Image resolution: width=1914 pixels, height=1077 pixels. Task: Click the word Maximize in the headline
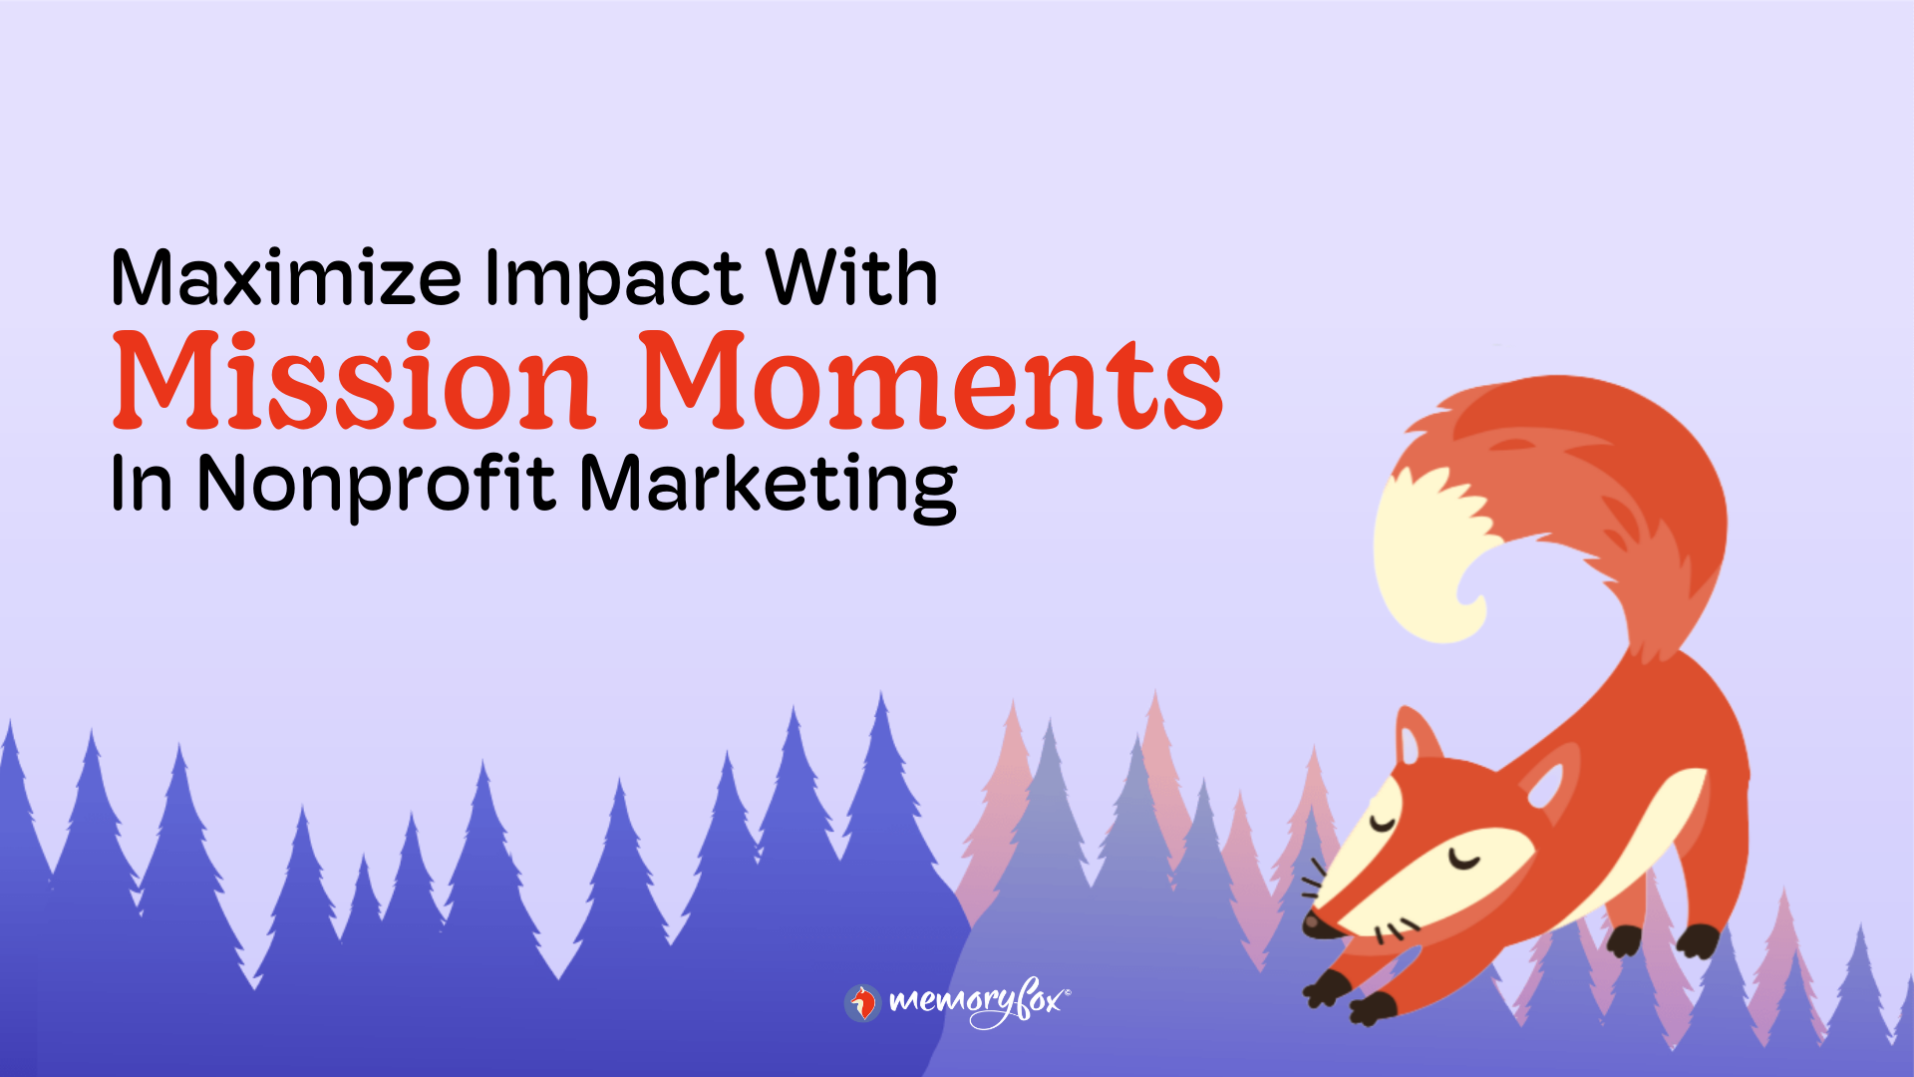click(286, 278)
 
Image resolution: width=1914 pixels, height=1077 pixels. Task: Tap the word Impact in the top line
click(613, 280)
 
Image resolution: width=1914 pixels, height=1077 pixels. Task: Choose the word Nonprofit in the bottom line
click(376, 486)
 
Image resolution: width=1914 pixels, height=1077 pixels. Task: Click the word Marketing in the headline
click(768, 486)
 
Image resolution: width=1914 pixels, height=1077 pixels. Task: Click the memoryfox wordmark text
click(977, 1001)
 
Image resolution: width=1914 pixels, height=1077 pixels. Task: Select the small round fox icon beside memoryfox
click(862, 1002)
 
